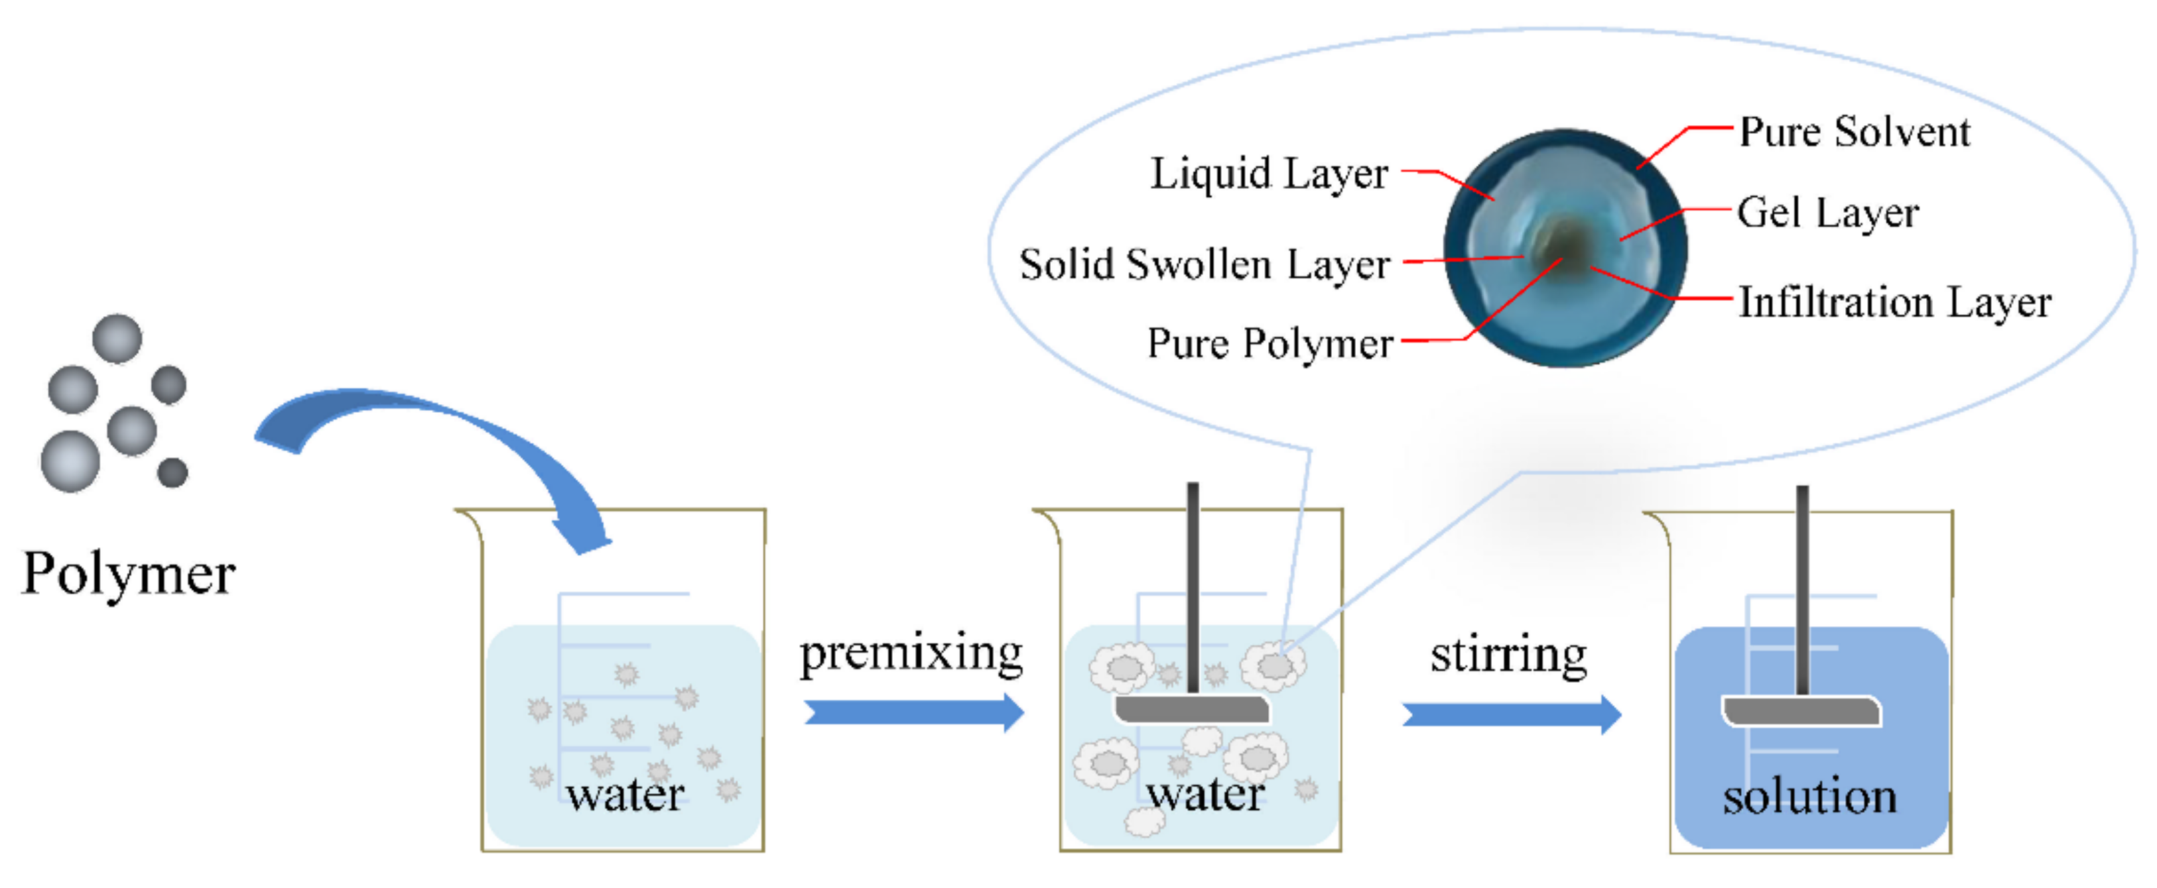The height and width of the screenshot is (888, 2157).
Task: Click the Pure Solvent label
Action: pyautogui.click(x=1854, y=133)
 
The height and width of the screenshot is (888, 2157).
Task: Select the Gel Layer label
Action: pyautogui.click(x=1827, y=213)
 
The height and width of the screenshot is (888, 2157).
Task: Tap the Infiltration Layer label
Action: pyautogui.click(x=1894, y=302)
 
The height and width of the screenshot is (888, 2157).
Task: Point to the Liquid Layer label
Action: pyautogui.click(x=1269, y=175)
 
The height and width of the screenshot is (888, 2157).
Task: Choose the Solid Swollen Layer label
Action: pyautogui.click(x=1204, y=265)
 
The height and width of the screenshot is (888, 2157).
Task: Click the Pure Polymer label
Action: pyautogui.click(x=1270, y=344)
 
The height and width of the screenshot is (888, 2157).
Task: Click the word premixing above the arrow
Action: pyautogui.click(x=911, y=653)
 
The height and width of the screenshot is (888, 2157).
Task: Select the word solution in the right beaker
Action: pyautogui.click(x=1809, y=796)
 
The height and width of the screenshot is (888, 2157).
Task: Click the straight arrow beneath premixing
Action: pyautogui.click(x=913, y=712)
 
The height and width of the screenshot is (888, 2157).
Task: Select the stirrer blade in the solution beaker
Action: pyautogui.click(x=1800, y=712)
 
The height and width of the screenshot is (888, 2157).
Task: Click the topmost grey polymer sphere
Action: pyautogui.click(x=116, y=339)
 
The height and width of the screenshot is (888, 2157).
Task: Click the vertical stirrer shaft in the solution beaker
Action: pyautogui.click(x=1802, y=586)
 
